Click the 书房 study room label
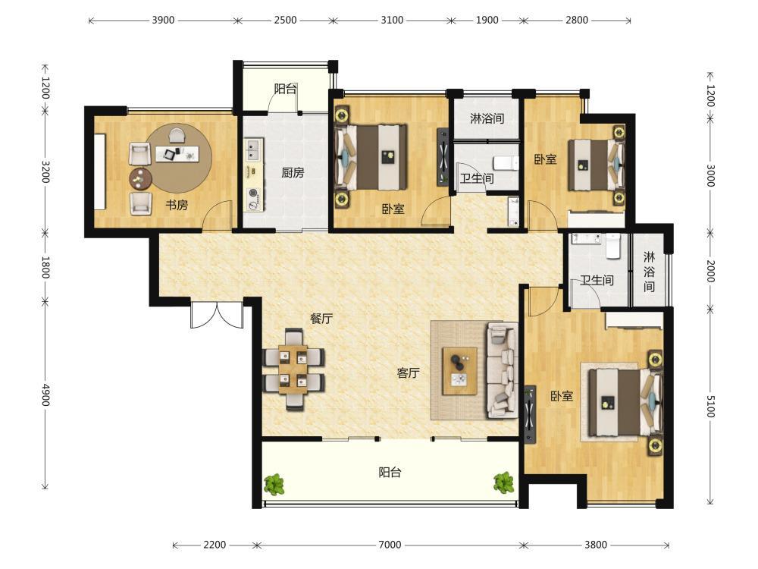click(177, 205)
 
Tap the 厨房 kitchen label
click(293, 173)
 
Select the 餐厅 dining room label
click(321, 319)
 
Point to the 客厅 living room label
click(408, 373)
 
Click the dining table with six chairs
click(294, 369)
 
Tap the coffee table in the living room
click(460, 371)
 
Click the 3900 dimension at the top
click(163, 20)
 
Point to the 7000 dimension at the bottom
click(390, 545)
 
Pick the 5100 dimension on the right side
click(710, 407)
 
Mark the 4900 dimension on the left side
click(45, 395)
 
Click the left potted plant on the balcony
click(274, 484)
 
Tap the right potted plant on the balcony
click(504, 483)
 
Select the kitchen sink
click(254, 149)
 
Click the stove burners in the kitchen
click(253, 199)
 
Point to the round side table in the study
click(140, 179)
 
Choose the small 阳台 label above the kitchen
click(285, 89)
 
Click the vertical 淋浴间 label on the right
click(649, 272)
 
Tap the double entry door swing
click(217, 315)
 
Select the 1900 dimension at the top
click(487, 20)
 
